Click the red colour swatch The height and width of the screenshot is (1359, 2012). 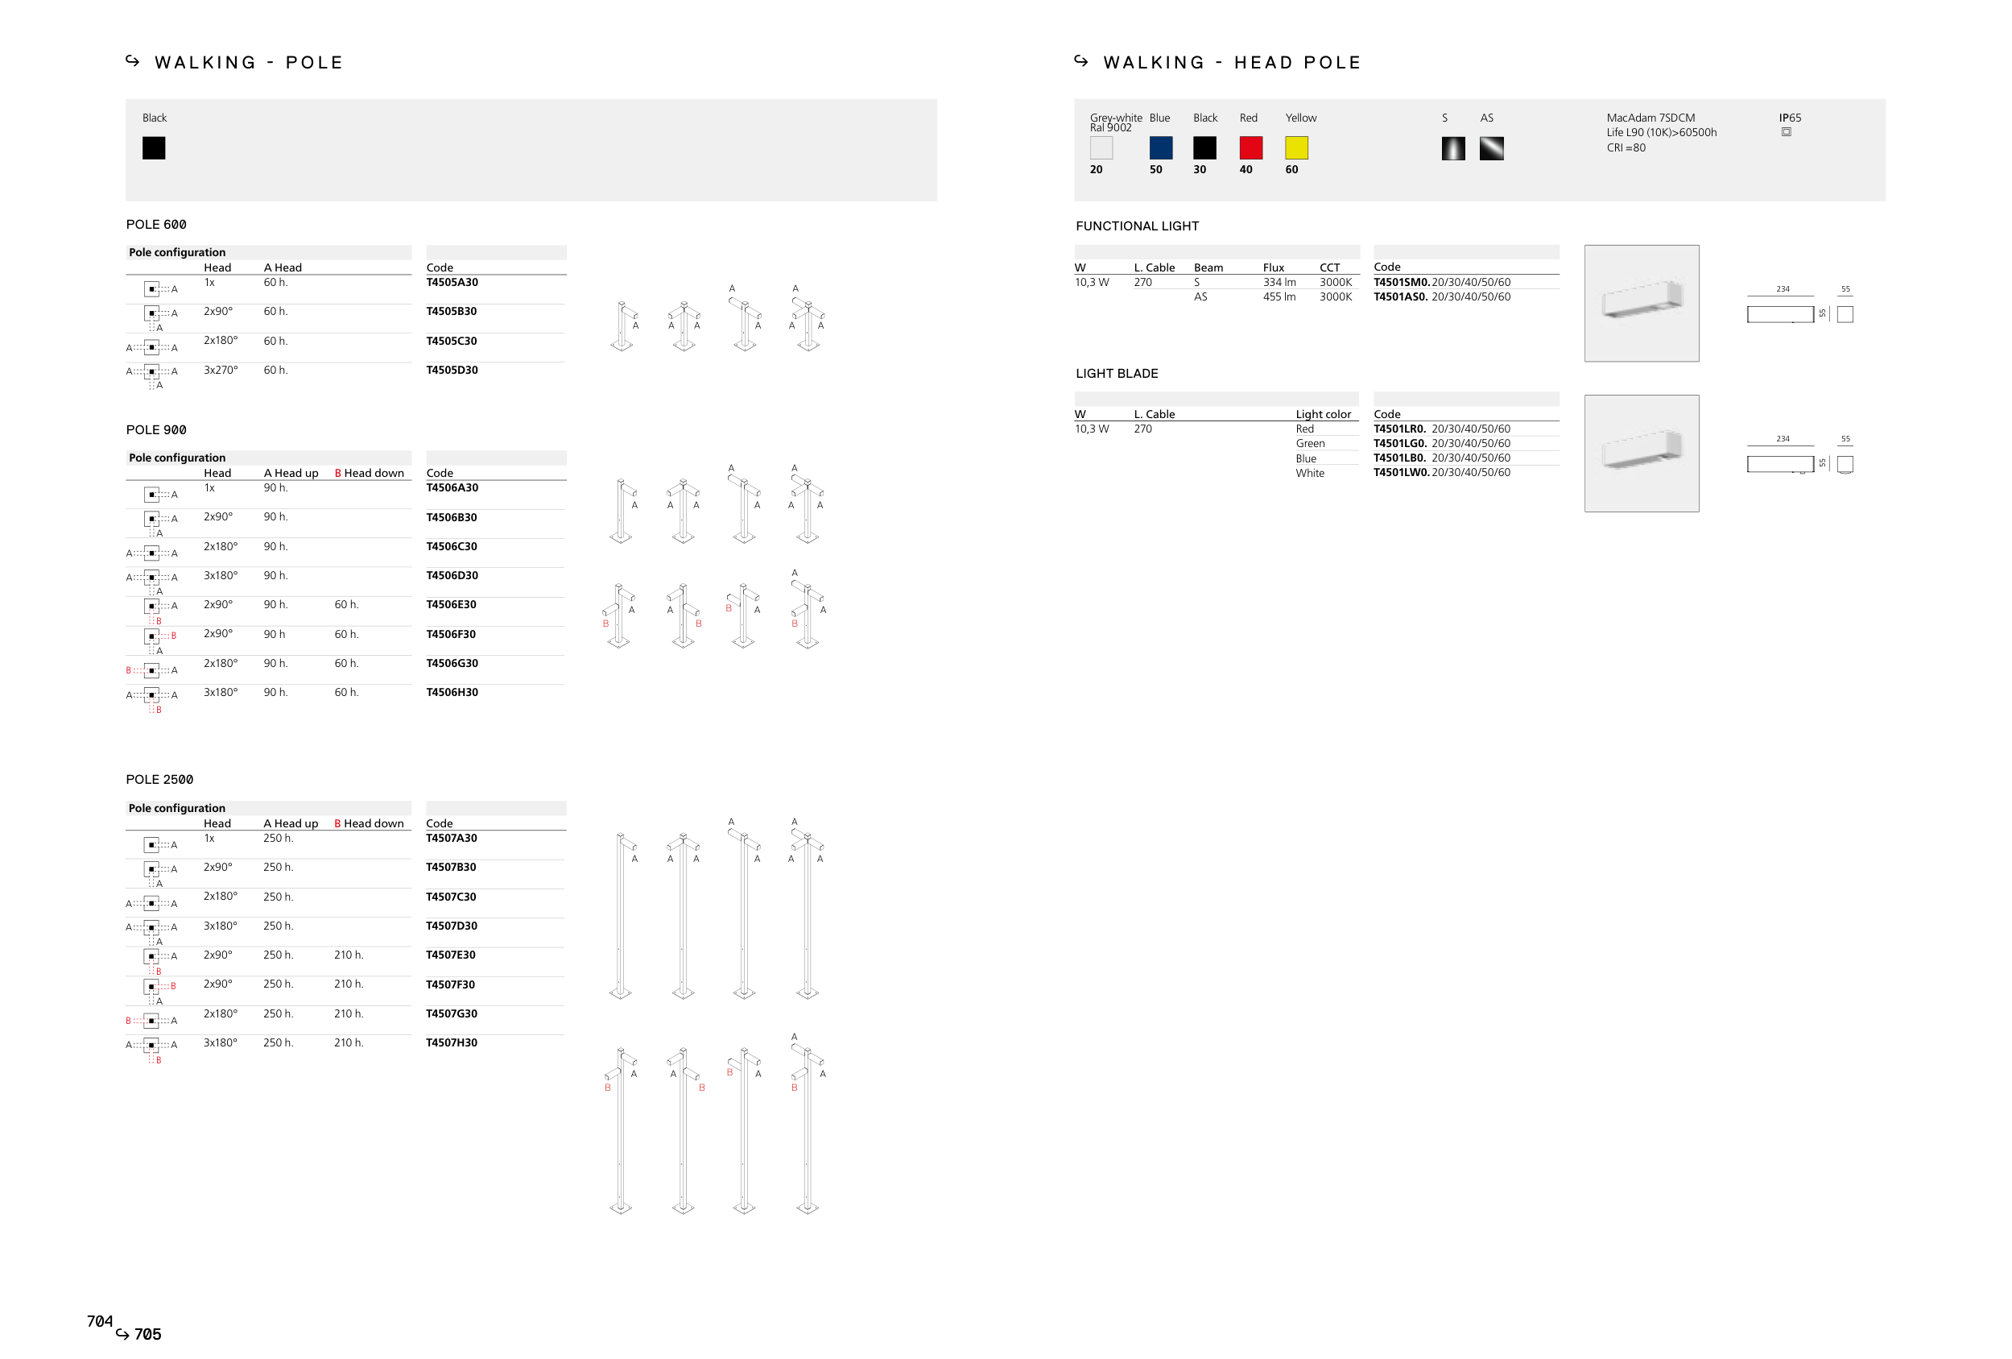pyautogui.click(x=1250, y=148)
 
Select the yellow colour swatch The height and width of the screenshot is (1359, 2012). pyautogui.click(x=1296, y=148)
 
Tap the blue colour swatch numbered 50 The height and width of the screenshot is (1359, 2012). pyautogui.click(x=1161, y=148)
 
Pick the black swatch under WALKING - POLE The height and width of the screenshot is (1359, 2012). pyautogui.click(x=154, y=148)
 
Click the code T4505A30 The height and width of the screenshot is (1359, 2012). pyautogui.click(x=452, y=283)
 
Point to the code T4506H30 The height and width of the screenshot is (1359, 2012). pyautogui.click(x=452, y=693)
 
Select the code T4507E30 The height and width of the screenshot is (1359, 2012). pyautogui.click(x=451, y=955)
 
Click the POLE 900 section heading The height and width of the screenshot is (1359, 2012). pyautogui.click(x=157, y=430)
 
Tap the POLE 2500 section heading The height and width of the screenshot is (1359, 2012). pyautogui.click(x=160, y=781)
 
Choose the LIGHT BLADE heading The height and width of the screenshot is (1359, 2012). pyautogui.click(x=1117, y=374)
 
